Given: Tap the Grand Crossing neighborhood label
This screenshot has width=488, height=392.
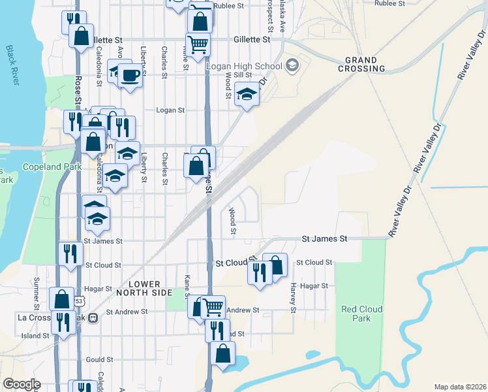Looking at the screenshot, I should coord(361,64).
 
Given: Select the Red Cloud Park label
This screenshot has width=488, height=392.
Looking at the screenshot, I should coord(356,313).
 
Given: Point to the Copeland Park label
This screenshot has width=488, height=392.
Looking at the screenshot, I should coord(52,167).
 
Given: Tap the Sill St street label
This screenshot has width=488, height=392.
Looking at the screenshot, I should coord(252,75).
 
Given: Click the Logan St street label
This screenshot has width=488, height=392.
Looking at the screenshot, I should coord(171,110).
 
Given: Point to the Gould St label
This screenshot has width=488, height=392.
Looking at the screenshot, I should coord(99,359).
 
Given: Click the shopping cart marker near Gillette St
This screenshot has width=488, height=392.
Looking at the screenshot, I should coord(198,44).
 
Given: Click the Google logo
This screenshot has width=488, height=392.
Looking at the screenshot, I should coord(21,384).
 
